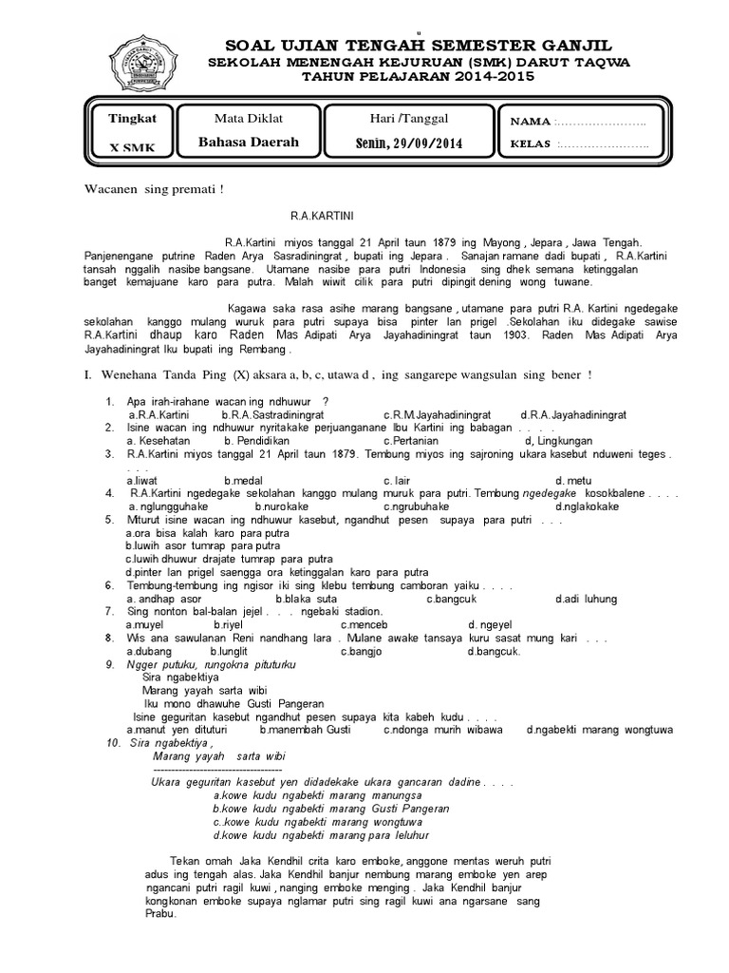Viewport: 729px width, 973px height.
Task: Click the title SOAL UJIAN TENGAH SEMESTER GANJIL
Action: [x=418, y=47]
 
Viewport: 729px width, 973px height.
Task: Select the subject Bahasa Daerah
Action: [x=249, y=143]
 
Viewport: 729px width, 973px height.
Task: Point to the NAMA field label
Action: [x=531, y=123]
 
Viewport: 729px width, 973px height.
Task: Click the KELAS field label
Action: [x=532, y=145]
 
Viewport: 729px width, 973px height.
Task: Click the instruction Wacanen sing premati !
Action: [x=152, y=190]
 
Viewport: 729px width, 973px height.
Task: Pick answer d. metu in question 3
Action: [x=573, y=480]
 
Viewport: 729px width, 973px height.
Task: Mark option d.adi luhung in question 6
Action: [x=586, y=599]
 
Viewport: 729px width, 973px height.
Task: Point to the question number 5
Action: [x=110, y=520]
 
